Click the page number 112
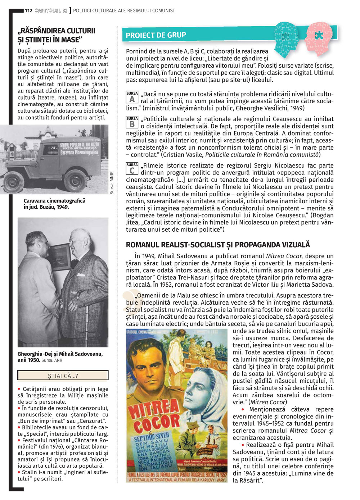pyautogui.click(x=28, y=10)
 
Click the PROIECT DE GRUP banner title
pyautogui.click(x=156, y=35)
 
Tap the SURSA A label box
pyautogui.click(x=132, y=97)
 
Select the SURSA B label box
pyautogui.click(x=132, y=122)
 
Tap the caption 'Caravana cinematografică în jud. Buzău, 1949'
pyautogui.click(x=54, y=204)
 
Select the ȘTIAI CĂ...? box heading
pyautogui.click(x=63, y=376)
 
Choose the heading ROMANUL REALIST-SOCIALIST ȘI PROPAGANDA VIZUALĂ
pyautogui.click(x=217, y=245)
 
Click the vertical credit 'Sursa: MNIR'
pyautogui.click(x=112, y=183)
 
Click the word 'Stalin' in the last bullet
pyautogui.click(x=30, y=472)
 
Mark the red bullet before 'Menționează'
pyautogui.click(x=243, y=409)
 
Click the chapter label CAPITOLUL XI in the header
pyautogui.click(x=51, y=10)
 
